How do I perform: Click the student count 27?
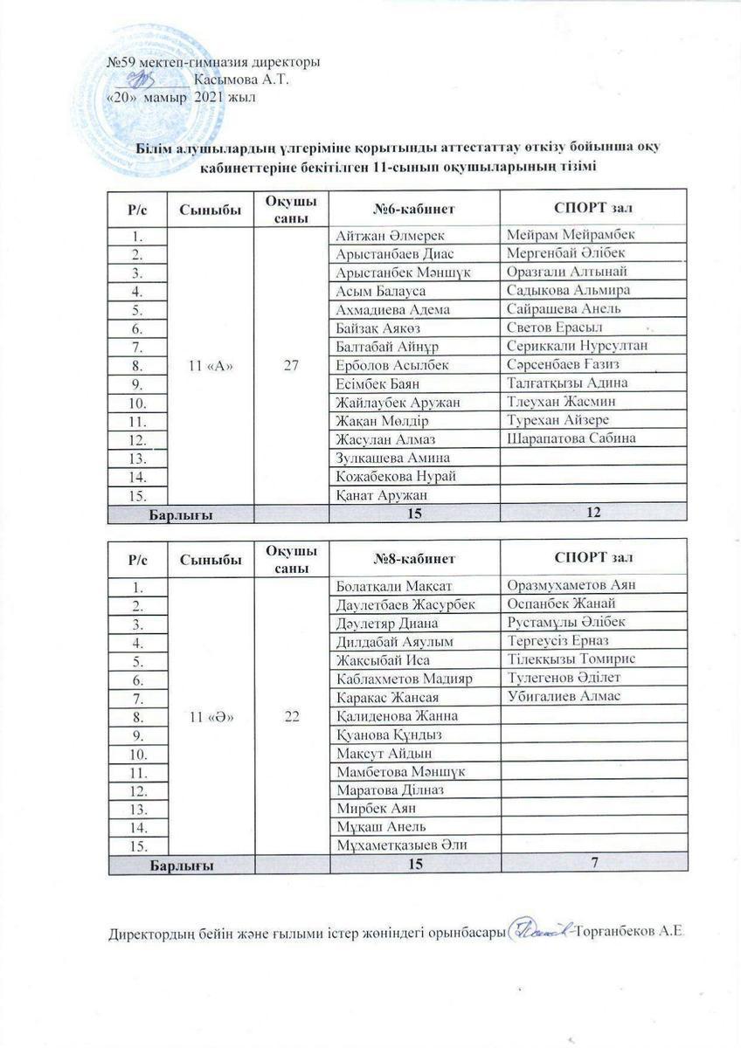click(x=291, y=365)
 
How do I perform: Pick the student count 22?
click(x=291, y=716)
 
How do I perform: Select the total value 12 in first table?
click(x=593, y=514)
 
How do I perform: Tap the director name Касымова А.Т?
click(x=235, y=79)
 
